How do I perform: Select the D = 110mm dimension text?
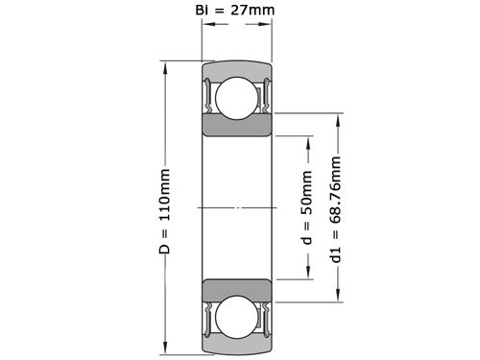[165, 211]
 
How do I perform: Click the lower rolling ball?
[236, 320]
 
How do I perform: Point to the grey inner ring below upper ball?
[236, 130]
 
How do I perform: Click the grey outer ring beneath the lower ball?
[236, 347]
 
